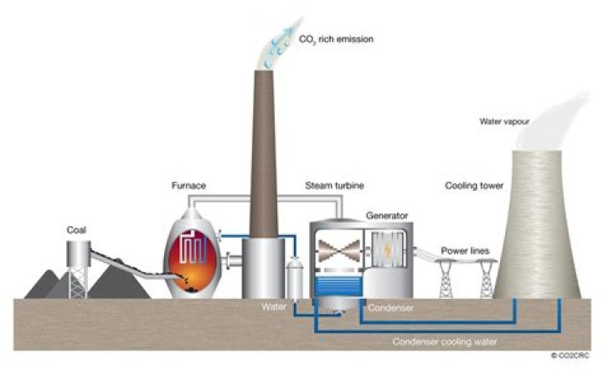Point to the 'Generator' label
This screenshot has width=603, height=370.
(386, 215)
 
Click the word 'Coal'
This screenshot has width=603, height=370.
(78, 229)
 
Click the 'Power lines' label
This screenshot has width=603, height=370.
(465, 249)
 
